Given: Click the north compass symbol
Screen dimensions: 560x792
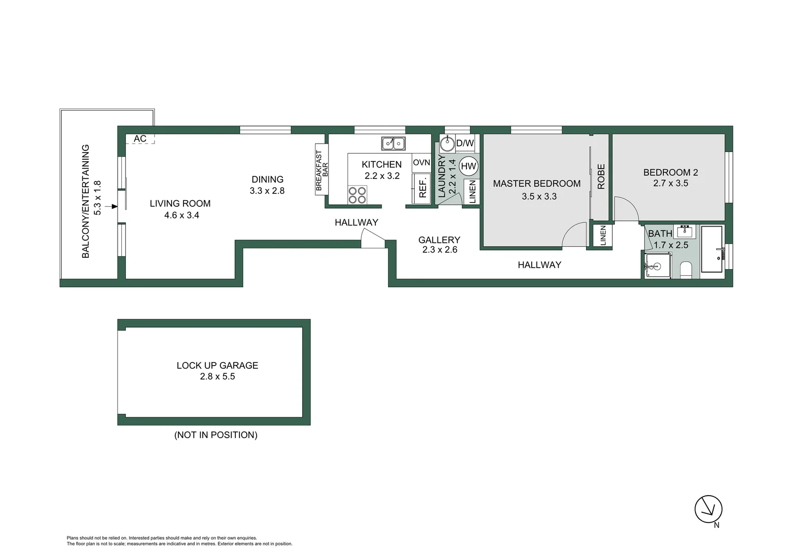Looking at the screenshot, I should point(708,509).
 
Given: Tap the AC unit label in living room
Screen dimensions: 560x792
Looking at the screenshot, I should point(140,138).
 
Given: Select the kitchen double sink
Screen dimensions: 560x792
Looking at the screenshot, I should point(393,143).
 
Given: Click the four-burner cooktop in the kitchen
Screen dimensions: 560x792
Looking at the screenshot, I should point(357,195).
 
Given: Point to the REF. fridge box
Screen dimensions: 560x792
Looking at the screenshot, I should point(422,188).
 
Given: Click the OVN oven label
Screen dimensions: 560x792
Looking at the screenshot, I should point(421,162).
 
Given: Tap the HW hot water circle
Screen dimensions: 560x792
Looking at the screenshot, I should point(468,166).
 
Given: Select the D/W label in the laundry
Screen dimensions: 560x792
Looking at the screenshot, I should point(465,143).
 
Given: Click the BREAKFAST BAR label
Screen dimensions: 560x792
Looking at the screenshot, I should point(322,171).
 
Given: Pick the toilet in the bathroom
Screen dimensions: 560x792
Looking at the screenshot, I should point(686,270).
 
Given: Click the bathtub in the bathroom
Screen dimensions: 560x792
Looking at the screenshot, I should point(712,249).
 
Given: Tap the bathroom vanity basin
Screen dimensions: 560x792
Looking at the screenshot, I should point(685,231).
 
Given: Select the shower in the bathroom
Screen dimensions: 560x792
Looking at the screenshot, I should point(658,265).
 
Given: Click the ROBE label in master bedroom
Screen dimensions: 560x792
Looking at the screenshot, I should point(601,176).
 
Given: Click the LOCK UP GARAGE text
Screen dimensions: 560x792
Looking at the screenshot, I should point(217,365).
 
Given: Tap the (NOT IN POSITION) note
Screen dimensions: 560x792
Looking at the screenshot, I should point(216,435).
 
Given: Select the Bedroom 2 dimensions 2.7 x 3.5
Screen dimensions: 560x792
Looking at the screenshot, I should point(670,183).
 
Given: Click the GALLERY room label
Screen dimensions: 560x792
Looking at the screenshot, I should point(439,240).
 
